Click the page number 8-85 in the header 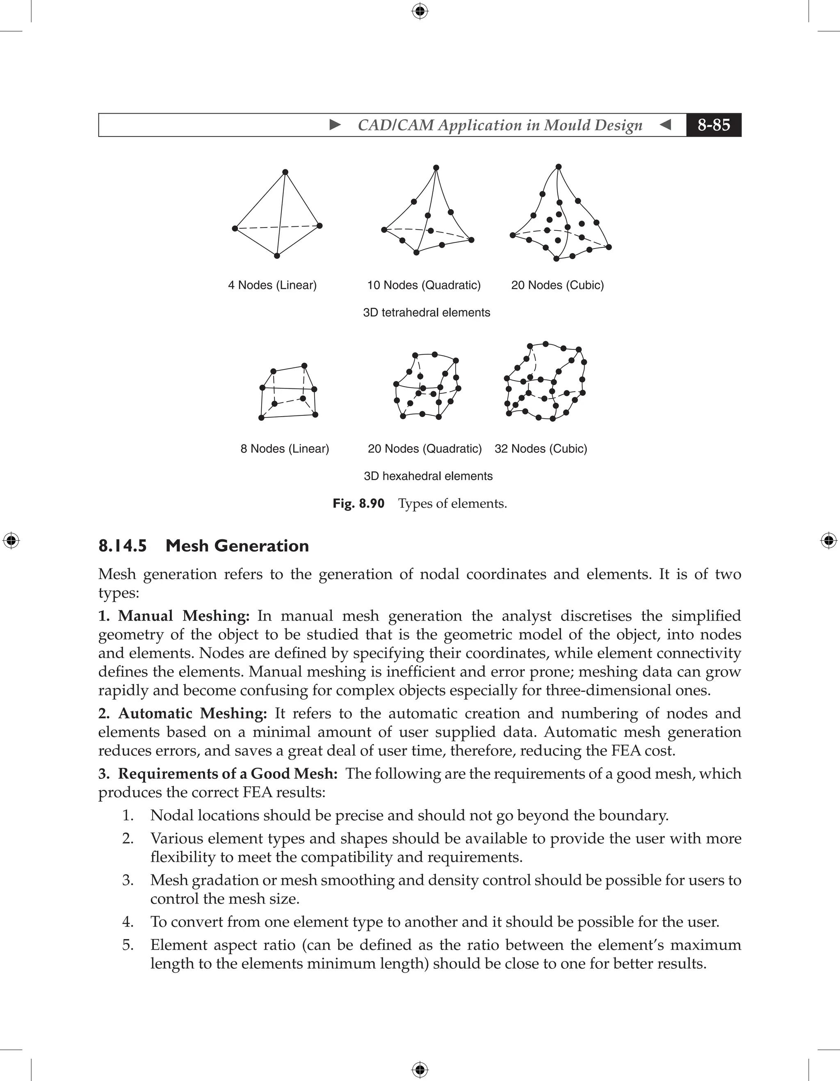click(713, 125)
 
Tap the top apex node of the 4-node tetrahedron click(285, 172)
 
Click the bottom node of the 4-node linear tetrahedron click(277, 256)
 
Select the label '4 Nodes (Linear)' click(272, 285)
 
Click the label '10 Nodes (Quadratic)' click(424, 285)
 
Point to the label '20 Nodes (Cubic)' click(557, 285)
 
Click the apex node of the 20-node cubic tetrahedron click(558, 167)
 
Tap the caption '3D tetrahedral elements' click(426, 312)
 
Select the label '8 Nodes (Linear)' click(285, 449)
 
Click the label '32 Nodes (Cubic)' click(541, 449)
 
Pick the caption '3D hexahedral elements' click(428, 476)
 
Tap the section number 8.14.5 click(122, 545)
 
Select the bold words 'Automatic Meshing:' click(192, 713)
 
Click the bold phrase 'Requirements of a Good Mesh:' click(228, 773)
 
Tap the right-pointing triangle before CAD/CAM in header click(335, 125)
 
